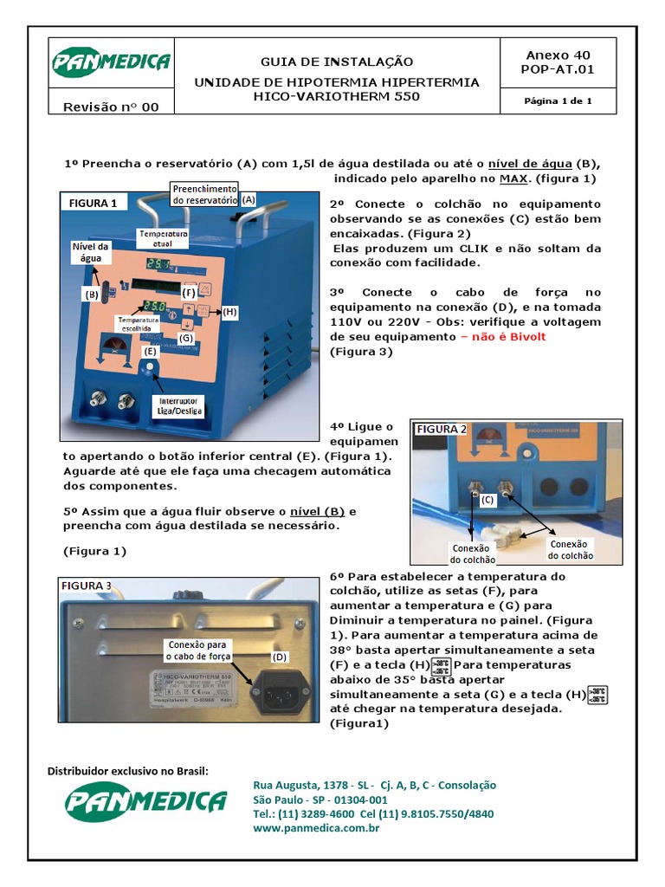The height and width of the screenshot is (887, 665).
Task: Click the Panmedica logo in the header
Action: (x=111, y=63)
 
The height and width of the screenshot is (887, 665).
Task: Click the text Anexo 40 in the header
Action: (x=559, y=54)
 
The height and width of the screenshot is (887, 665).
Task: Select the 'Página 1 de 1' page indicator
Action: (x=558, y=101)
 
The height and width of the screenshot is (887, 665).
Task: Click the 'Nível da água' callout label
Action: (x=87, y=251)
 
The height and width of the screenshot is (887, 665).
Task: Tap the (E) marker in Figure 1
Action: (x=151, y=352)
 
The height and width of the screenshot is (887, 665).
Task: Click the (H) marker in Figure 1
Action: (x=229, y=312)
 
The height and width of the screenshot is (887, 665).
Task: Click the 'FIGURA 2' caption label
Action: (x=442, y=429)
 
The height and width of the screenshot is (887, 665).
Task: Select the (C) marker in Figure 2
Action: (x=488, y=500)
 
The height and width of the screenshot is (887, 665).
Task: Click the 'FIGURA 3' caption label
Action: (x=86, y=586)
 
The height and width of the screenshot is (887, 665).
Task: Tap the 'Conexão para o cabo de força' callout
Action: (x=199, y=651)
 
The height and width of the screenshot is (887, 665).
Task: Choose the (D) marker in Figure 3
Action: (x=279, y=657)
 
